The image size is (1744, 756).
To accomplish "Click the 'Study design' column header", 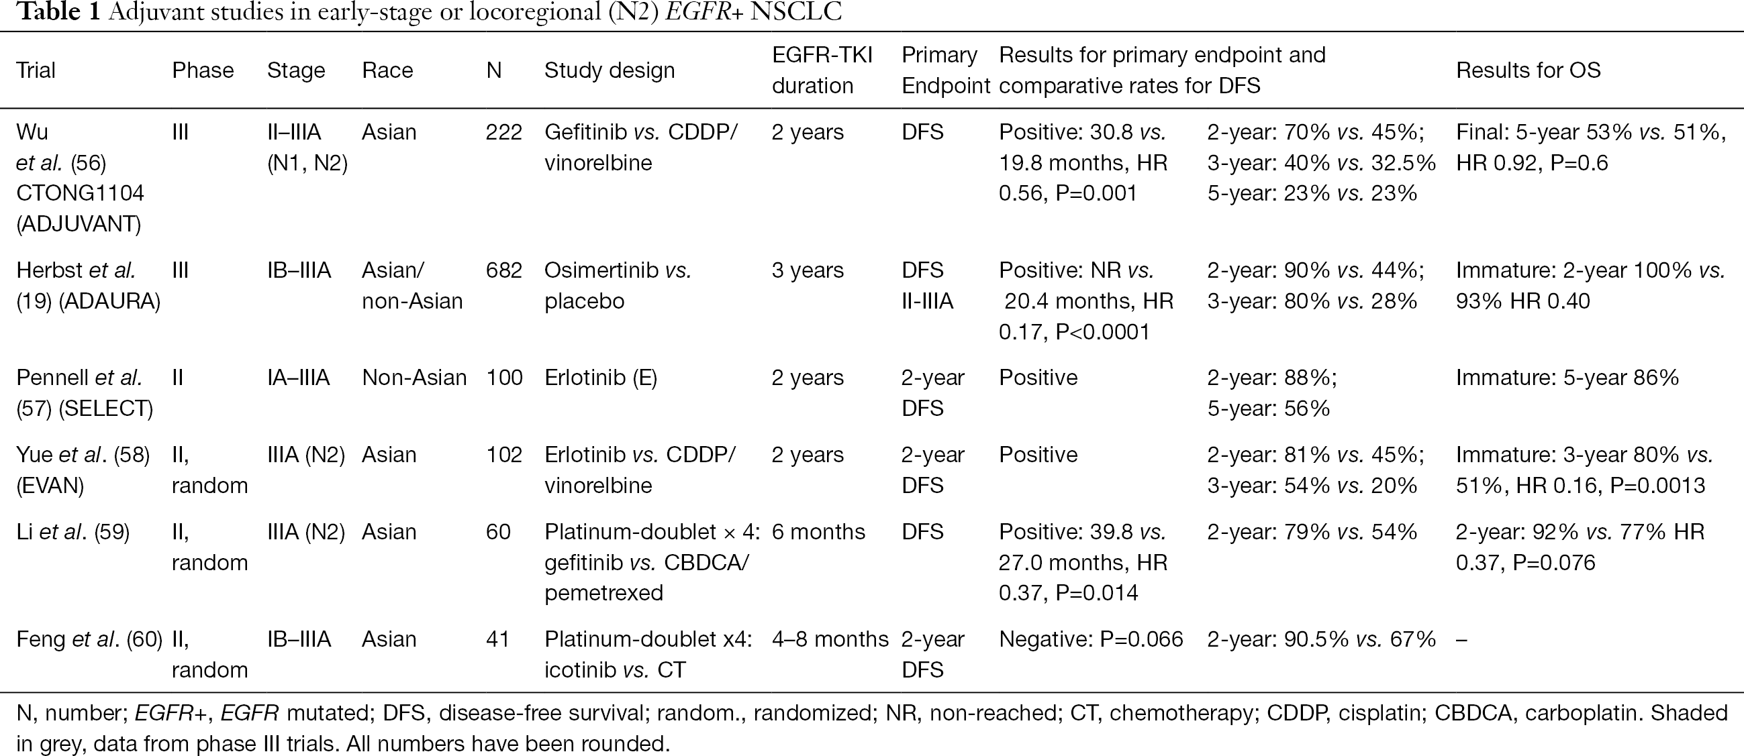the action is click(610, 70).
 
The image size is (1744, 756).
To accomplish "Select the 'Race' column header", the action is click(387, 70).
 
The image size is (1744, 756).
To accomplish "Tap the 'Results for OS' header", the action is click(1528, 70).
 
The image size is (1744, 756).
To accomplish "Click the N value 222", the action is click(503, 132).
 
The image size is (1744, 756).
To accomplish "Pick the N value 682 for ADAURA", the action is click(503, 271).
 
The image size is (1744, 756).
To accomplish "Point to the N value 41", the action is click(497, 639).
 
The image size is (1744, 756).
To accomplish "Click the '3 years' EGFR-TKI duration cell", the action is click(808, 271).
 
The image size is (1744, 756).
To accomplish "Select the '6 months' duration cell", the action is click(818, 532).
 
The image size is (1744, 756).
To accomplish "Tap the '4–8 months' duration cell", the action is click(830, 639).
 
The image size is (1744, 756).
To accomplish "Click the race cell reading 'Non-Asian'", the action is click(414, 378).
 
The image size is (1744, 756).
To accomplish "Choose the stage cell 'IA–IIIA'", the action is click(299, 378).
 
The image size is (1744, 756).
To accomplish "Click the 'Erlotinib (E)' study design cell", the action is click(601, 378).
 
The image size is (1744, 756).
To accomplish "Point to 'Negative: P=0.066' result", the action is click(1091, 639).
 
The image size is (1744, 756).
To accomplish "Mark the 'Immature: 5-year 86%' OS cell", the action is click(1567, 378).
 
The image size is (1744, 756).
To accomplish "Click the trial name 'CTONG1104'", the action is click(80, 194).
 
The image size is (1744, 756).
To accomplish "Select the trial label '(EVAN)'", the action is click(50, 486).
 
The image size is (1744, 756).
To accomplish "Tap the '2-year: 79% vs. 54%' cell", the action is click(1312, 532).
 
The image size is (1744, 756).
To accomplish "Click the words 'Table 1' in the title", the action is click(58, 12).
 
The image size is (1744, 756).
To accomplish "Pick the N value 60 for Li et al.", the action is click(497, 532).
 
